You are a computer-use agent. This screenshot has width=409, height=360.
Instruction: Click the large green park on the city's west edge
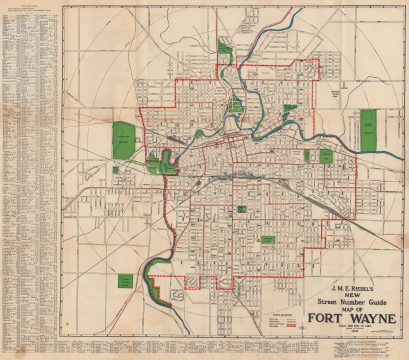coord(124,141)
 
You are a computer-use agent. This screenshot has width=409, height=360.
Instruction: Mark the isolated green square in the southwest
coord(124,283)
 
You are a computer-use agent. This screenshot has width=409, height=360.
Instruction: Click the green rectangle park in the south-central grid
coord(268,240)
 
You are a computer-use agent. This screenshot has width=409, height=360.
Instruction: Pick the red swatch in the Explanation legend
coord(290,326)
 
